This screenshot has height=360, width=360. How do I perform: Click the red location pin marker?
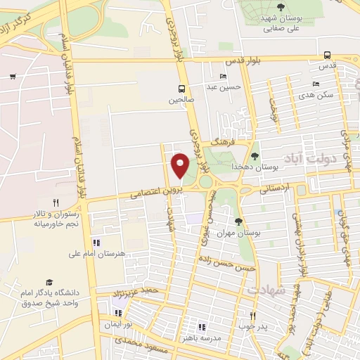point(180,165)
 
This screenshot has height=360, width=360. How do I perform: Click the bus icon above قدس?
point(327,55)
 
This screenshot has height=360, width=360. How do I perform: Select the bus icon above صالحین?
point(182,89)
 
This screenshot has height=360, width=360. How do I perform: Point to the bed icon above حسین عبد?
point(224,76)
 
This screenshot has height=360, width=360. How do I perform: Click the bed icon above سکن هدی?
point(314,83)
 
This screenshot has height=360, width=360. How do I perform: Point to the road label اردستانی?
point(274,188)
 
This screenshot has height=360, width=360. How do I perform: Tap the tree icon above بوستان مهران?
point(238,221)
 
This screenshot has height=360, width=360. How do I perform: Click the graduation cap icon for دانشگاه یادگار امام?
point(49,282)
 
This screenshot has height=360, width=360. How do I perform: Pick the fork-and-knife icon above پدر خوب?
point(252,316)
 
